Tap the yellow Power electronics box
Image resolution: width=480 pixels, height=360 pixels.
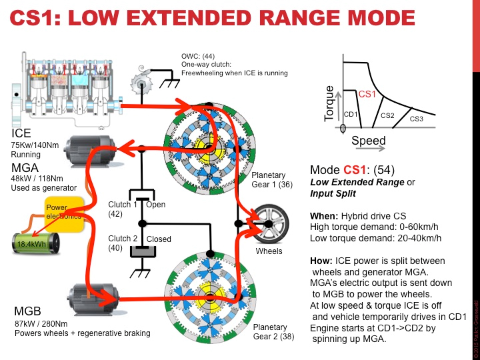coord(63,213)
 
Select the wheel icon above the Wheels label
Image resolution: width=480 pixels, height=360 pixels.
coord(270,225)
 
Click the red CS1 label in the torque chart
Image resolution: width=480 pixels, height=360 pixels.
coord(367,95)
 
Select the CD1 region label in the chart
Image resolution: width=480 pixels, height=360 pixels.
coord(351,114)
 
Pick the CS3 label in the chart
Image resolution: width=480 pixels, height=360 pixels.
coord(416,119)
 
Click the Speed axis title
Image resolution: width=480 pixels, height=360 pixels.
coord(368,141)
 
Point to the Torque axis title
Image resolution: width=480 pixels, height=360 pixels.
coord(328,103)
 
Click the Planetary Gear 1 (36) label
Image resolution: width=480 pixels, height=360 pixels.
coord(271,179)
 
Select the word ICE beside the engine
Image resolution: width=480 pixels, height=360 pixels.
coord(21,133)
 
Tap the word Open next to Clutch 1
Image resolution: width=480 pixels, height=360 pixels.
coord(155,205)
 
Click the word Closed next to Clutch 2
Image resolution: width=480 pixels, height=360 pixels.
coord(159,238)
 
